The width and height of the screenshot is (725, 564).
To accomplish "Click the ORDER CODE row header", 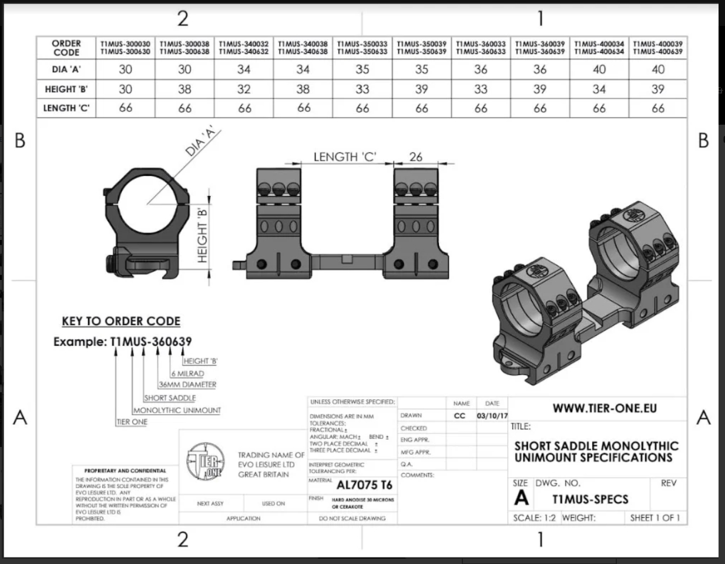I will (66, 48).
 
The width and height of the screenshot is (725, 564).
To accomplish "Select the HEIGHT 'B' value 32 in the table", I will (244, 89).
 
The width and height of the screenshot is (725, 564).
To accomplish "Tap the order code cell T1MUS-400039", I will (657, 48).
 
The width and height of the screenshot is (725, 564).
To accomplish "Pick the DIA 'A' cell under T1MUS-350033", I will (362, 69).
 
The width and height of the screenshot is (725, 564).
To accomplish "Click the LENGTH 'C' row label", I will (66, 108).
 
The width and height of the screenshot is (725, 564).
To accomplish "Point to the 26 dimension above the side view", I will (415, 157).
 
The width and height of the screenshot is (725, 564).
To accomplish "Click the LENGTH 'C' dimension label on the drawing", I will (344, 157).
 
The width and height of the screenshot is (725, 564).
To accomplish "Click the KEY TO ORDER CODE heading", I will (121, 321).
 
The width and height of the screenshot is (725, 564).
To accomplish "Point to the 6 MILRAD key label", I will (188, 373).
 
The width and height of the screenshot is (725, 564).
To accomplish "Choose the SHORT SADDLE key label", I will (170, 398).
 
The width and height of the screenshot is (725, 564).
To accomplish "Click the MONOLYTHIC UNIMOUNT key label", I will (177, 411).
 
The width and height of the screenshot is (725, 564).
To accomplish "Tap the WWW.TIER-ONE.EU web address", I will (605, 408).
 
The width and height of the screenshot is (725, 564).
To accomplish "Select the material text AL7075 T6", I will (364, 486).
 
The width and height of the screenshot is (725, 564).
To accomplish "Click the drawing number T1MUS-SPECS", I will (590, 499).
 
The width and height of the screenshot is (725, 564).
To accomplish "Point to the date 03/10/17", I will (492, 416).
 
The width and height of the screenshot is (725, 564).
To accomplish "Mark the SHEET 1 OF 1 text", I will (654, 518).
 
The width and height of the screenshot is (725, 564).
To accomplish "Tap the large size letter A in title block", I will (521, 498).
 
